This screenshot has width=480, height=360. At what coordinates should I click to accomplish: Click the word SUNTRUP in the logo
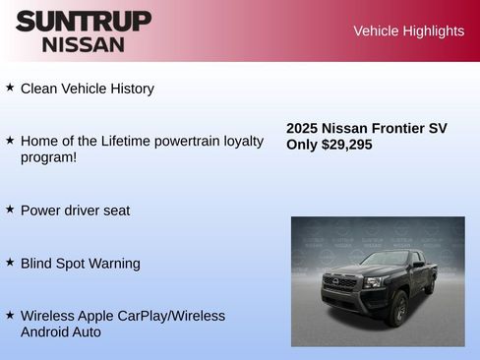[x=84, y=21]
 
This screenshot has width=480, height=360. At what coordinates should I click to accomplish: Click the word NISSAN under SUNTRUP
[x=84, y=44]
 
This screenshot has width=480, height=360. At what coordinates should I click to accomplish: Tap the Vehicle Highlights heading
[x=408, y=30]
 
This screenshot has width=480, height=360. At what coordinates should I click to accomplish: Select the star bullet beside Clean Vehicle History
[x=10, y=88]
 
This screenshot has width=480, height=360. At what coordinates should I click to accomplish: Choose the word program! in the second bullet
[x=48, y=157]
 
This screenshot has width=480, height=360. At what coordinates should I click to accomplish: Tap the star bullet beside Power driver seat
[x=10, y=210]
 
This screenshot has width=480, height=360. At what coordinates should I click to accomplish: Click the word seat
[x=114, y=210]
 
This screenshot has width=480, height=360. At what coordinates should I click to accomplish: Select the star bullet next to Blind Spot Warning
[x=10, y=263]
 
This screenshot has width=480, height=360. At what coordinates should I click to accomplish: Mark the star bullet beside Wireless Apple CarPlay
[x=10, y=315]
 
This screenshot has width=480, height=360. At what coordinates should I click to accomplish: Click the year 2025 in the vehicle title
[x=302, y=128]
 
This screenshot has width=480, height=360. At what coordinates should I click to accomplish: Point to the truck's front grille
[x=339, y=283]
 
